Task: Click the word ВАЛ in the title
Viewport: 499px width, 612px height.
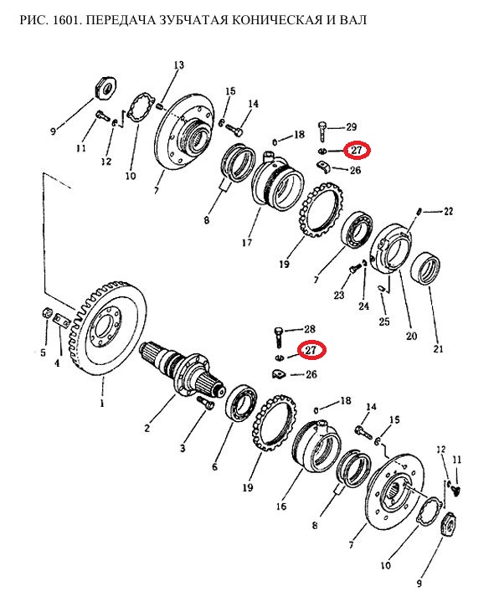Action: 352,19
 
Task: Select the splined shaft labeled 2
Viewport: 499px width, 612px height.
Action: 183,369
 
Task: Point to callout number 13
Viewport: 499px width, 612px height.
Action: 179,64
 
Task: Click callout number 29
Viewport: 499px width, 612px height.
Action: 351,127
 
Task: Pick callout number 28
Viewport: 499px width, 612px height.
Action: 310,329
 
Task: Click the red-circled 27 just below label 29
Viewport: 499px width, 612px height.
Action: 357,150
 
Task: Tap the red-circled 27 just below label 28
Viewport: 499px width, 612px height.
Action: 311,350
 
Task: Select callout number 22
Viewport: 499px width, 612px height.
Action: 448,211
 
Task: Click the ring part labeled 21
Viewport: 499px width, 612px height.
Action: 427,269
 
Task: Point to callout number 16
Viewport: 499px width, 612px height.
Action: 281,507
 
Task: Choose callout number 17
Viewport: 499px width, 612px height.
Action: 247,243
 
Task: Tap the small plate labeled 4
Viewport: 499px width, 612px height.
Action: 61,321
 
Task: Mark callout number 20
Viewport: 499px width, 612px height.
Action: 412,336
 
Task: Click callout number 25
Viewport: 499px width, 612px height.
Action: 384,321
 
